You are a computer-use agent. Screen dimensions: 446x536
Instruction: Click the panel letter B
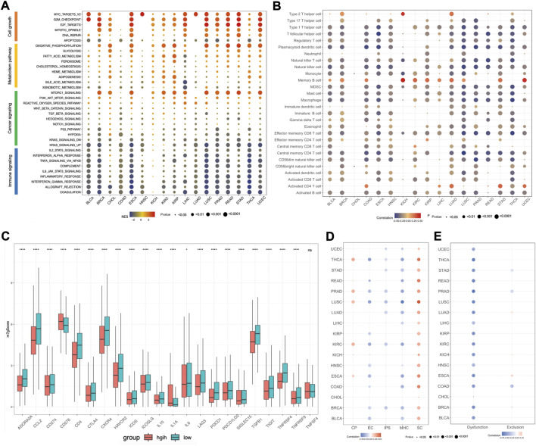pyautogui.click(x=278, y=6)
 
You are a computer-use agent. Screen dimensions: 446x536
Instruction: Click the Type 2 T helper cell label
pyautogui.click(x=306, y=14)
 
